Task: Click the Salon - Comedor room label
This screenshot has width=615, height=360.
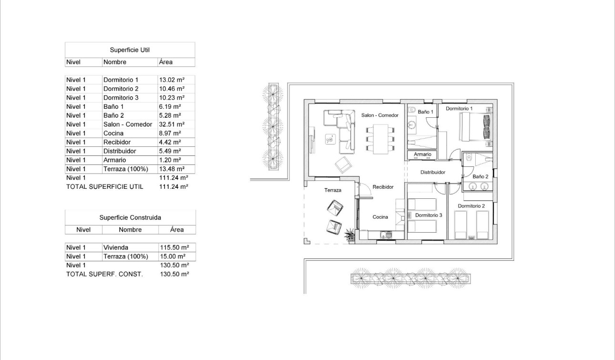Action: [379, 115]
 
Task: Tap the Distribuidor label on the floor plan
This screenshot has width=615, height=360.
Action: [432, 173]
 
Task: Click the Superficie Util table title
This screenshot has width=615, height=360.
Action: [130, 50]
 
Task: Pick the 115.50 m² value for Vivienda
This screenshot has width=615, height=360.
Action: [174, 247]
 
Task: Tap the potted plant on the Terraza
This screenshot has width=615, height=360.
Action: [350, 233]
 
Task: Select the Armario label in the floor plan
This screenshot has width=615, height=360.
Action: [422, 154]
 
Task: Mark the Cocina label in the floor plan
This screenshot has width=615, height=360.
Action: [380, 217]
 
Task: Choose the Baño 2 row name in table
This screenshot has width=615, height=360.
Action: [114, 115]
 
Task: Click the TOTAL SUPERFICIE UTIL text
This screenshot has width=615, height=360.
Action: [104, 187]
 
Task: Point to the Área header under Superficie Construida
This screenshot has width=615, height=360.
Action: [177, 230]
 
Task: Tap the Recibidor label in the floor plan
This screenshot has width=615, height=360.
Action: [383, 187]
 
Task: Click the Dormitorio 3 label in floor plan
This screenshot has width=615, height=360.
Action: [429, 216]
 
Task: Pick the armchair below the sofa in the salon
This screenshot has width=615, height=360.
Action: [343, 165]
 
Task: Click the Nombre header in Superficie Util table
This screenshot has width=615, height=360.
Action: [115, 62]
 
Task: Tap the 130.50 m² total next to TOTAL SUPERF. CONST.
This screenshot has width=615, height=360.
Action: [174, 274]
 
